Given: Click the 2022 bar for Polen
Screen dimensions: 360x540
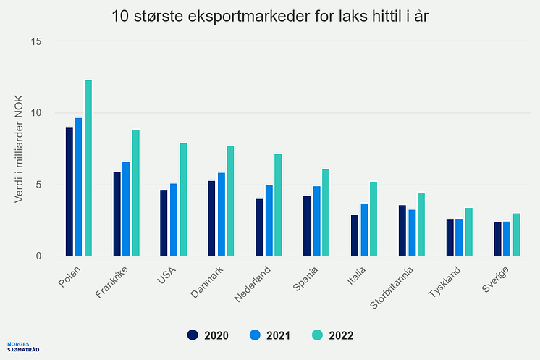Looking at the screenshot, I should [88, 168].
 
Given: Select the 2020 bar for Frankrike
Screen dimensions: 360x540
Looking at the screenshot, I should [117, 214].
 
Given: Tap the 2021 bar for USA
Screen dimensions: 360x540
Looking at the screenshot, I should [174, 219].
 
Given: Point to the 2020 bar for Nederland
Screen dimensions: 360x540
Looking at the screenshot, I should [259, 227].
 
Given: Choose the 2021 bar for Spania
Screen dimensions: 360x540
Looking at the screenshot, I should [316, 221].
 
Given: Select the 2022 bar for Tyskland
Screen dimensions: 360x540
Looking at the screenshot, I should [468, 232].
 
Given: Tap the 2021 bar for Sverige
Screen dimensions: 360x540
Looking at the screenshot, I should [507, 238].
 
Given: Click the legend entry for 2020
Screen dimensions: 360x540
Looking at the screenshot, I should [208, 335].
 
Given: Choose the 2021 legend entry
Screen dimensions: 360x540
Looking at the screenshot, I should [269, 335].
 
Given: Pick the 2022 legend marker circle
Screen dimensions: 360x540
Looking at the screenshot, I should [316, 335].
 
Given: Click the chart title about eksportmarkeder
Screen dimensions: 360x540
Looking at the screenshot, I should [270, 15].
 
